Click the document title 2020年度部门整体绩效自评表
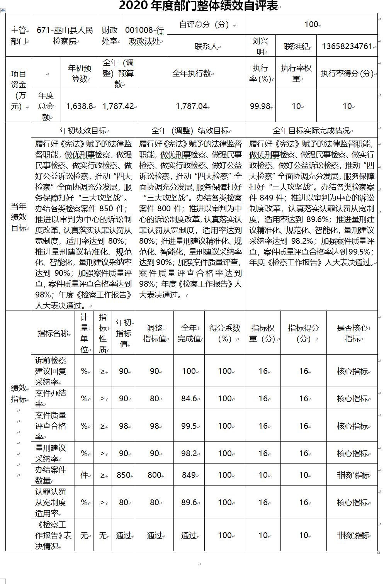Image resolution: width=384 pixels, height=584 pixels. (x=198, y=6)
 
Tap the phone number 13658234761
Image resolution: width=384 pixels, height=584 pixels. (x=347, y=46)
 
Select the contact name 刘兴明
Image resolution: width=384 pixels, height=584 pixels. (x=260, y=46)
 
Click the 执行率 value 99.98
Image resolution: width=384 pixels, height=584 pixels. (x=260, y=106)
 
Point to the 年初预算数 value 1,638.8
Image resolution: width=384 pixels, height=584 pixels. (x=79, y=106)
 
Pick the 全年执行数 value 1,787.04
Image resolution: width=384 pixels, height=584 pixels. (x=191, y=106)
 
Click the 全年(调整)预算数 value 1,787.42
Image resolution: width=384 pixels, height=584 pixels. (x=118, y=106)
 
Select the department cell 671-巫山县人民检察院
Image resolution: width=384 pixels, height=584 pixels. (x=65, y=35)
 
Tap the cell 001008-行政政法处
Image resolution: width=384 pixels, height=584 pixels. (x=144, y=35)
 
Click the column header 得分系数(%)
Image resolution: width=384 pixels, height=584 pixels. (x=225, y=333)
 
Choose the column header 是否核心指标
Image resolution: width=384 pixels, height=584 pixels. (x=352, y=333)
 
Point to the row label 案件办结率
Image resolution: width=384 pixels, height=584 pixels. (x=51, y=398)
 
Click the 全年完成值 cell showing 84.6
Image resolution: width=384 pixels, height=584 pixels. (x=189, y=398)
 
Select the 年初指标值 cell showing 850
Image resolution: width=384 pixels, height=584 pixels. (x=123, y=475)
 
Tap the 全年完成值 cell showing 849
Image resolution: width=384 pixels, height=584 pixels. (x=189, y=475)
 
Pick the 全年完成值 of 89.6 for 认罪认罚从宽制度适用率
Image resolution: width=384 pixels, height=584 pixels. (x=189, y=502)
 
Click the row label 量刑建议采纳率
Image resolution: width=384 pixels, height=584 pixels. (x=51, y=453)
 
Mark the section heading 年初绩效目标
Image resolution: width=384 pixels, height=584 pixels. (x=83, y=131)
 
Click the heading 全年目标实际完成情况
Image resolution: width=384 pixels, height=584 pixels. (x=311, y=131)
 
